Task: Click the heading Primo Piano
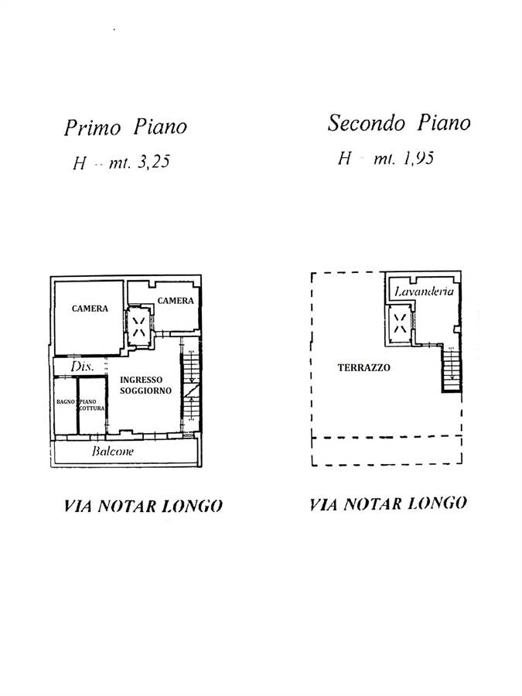[x=125, y=127]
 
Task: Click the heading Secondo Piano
[x=398, y=123]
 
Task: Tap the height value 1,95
[x=416, y=159]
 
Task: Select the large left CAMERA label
[x=90, y=308]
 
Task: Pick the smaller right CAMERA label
[x=176, y=301]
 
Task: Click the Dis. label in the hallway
[x=83, y=367]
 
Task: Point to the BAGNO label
[x=65, y=401]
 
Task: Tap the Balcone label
[x=112, y=452]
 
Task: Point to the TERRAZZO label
[x=363, y=368]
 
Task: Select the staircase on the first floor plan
[x=190, y=387]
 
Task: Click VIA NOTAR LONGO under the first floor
[x=142, y=507]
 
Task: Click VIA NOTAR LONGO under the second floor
[x=388, y=504]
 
